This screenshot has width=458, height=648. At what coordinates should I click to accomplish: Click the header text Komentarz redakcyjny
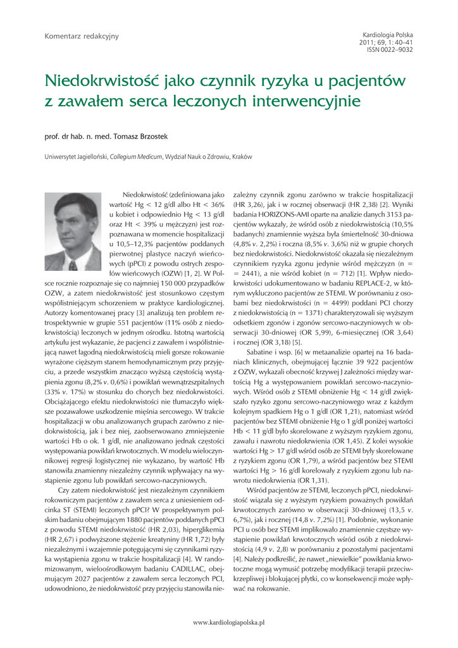(81, 36)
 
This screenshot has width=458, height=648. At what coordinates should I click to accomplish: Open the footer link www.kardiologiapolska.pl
(228, 622)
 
